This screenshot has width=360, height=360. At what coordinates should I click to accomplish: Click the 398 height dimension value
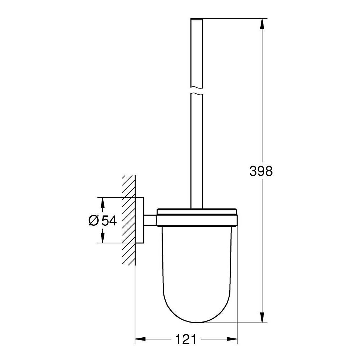(x=261, y=171)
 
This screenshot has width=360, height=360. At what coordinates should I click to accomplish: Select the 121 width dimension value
(x=186, y=339)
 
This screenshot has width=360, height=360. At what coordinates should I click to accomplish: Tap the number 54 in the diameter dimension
(x=109, y=220)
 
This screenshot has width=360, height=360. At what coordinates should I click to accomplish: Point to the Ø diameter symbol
(x=93, y=220)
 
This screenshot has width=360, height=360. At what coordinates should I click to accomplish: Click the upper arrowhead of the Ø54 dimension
(x=103, y=203)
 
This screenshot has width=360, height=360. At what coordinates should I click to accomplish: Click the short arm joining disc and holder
(x=150, y=220)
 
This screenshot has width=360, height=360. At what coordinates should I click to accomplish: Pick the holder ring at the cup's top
(x=197, y=217)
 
